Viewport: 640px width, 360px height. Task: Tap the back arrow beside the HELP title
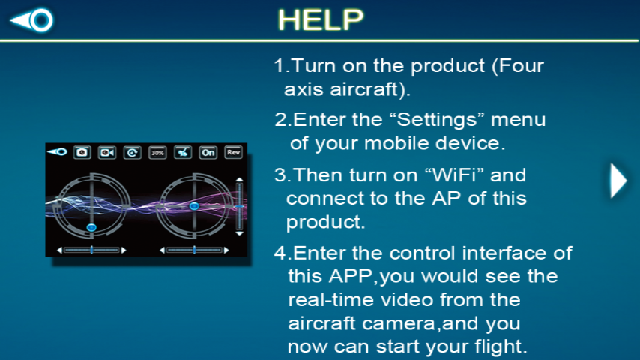(32, 20)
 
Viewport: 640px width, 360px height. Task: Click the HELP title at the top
(320, 20)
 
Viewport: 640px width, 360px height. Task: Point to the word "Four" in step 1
(522, 66)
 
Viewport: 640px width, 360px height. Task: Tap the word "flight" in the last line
(501, 346)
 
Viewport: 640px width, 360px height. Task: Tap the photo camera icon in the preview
(82, 152)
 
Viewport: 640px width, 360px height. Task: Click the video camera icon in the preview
(107, 152)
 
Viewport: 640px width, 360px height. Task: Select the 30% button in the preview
(157, 152)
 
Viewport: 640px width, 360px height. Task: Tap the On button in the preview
(208, 152)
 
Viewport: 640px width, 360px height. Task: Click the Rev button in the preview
(233, 152)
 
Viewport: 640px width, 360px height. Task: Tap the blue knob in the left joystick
(91, 226)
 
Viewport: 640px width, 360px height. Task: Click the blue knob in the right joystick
(194, 205)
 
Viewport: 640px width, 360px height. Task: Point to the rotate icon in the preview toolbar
(132, 152)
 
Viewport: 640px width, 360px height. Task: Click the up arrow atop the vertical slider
(239, 180)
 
